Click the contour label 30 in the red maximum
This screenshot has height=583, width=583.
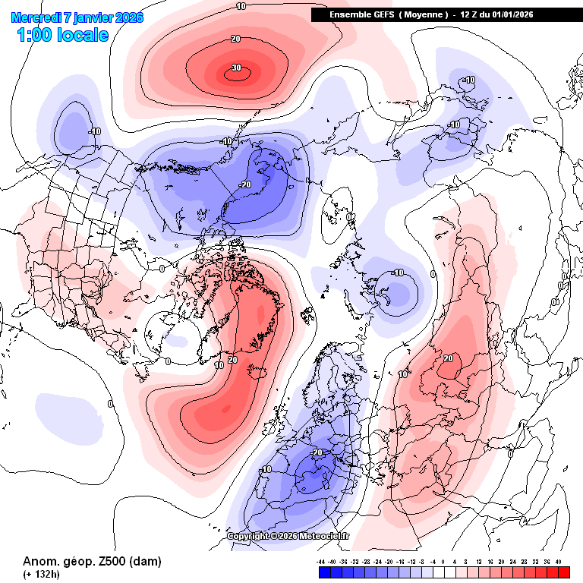(x=236, y=68)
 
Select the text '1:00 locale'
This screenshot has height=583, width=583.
(x=62, y=35)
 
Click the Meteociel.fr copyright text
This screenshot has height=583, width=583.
(x=288, y=536)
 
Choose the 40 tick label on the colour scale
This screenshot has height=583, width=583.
(x=559, y=562)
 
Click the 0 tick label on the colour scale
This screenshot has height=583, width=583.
(x=443, y=562)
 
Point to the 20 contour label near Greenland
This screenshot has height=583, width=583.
(x=232, y=360)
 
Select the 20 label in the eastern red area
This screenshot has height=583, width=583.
(x=448, y=358)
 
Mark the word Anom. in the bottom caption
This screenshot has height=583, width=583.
(x=39, y=562)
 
